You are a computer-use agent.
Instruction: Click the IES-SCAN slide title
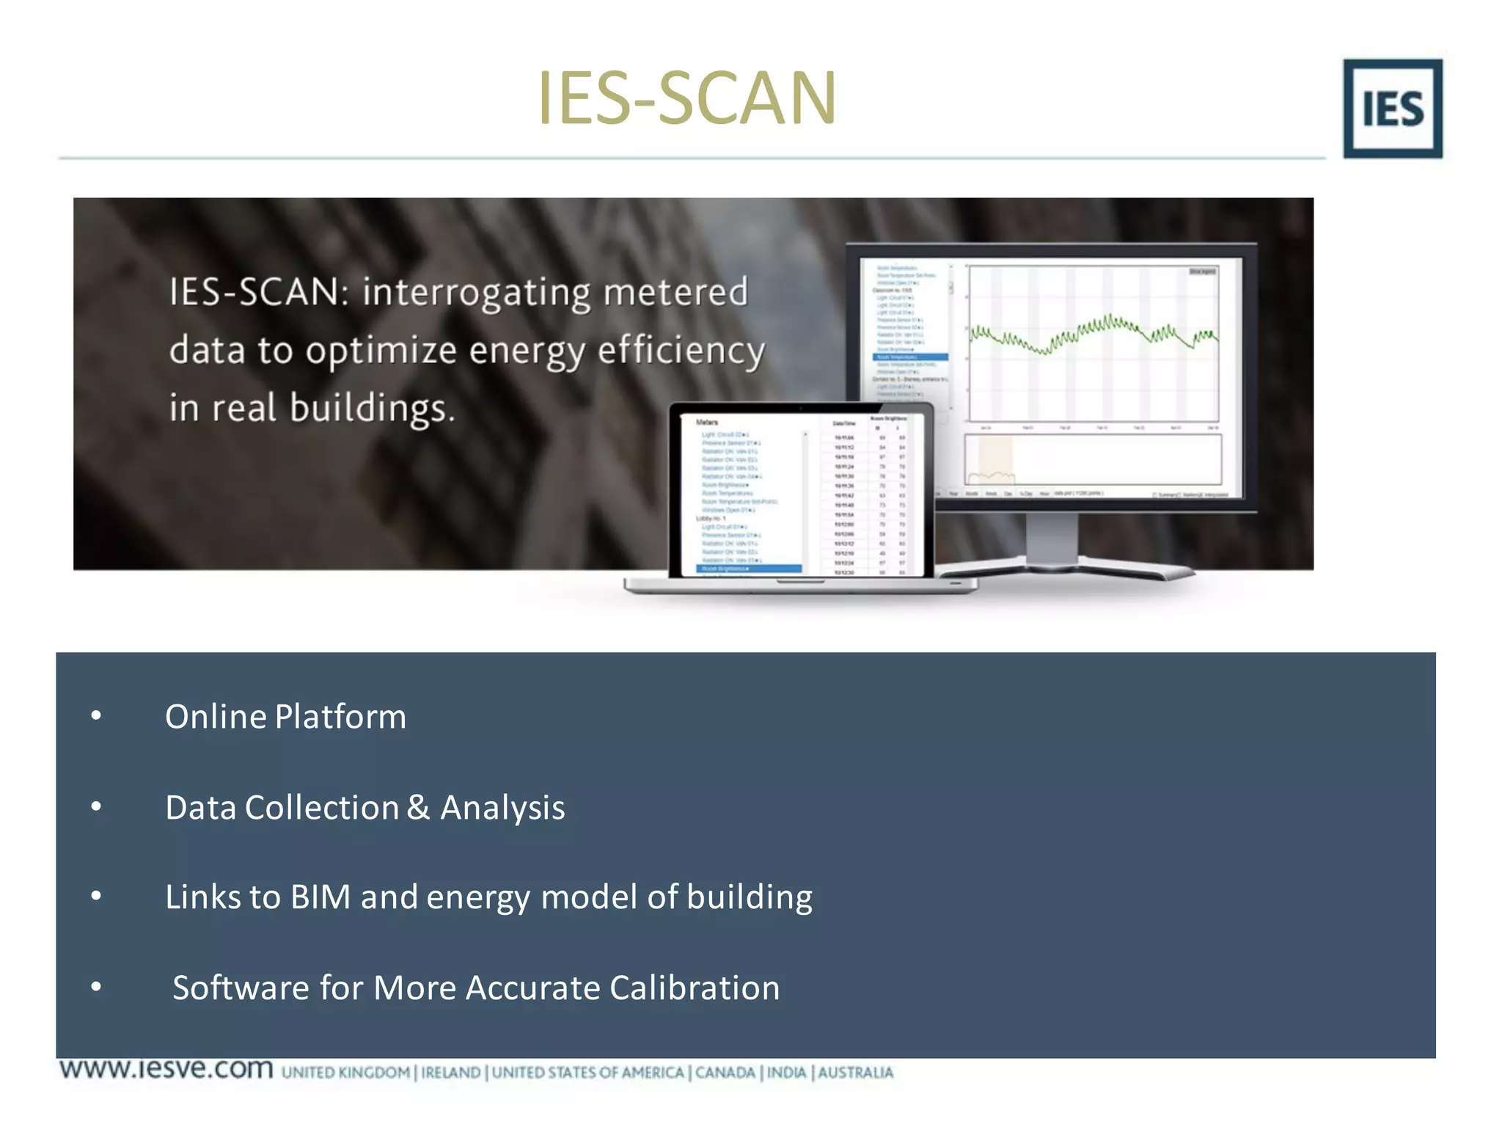[686, 98]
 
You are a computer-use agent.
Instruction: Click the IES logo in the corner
[1392, 109]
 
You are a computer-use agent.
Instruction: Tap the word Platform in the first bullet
[340, 717]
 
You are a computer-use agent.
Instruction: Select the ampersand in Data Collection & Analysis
[418, 807]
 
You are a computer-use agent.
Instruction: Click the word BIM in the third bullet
[320, 897]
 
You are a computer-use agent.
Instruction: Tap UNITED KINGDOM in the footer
[345, 1073]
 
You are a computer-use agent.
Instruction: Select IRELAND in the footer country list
[451, 1073]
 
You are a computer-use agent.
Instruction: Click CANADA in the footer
[725, 1073]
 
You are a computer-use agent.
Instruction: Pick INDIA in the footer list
[786, 1073]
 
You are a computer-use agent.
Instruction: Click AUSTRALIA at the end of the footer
[855, 1073]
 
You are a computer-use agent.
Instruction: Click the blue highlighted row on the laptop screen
[748, 569]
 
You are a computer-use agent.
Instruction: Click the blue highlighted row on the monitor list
[910, 357]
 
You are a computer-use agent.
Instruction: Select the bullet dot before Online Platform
[96, 716]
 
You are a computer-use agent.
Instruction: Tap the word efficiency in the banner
[681, 351]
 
